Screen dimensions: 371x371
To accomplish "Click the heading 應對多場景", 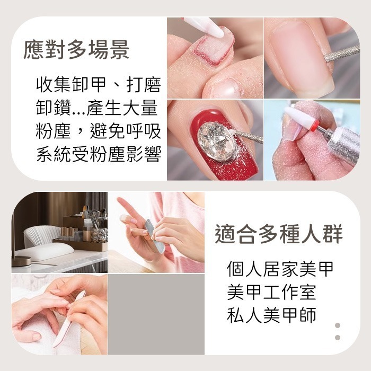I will (x=77, y=51).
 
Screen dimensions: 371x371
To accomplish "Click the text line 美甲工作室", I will (x=271, y=292).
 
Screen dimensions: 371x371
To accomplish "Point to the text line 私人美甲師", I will (x=271, y=315).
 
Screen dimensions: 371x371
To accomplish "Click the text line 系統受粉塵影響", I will (x=99, y=154).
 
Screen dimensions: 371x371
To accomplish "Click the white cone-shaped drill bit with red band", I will (x=303, y=119).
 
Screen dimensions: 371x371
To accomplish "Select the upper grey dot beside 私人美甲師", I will (x=338, y=325).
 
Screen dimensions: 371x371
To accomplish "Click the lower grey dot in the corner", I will (x=338, y=338).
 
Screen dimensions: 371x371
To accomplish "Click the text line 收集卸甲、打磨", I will (x=99, y=85).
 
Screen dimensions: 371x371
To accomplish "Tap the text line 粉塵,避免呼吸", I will (x=99, y=131).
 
